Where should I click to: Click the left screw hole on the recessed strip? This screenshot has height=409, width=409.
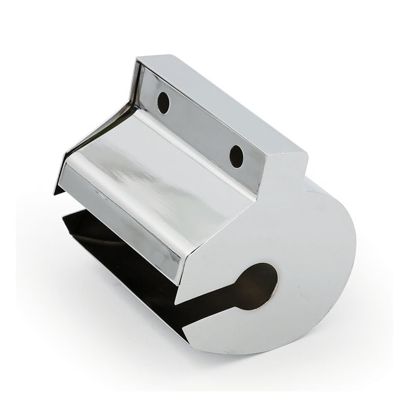pos(163,103)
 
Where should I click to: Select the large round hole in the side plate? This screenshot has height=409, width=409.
pos(257,286)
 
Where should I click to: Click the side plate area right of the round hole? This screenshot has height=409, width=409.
pos(308,283)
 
